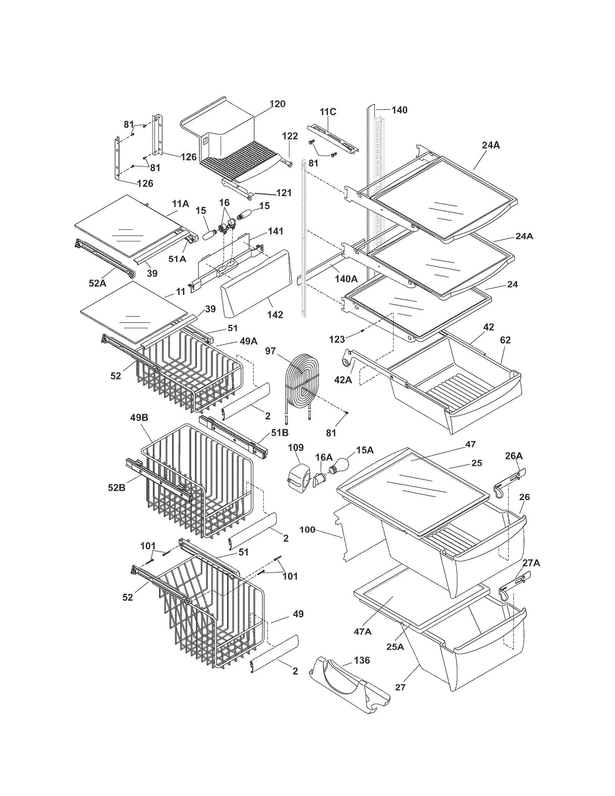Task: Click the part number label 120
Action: click(x=277, y=104)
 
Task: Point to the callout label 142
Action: click(x=275, y=315)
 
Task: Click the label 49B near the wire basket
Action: click(x=139, y=418)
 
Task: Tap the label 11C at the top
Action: click(x=327, y=112)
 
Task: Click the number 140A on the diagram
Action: click(x=346, y=279)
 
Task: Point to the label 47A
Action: click(x=362, y=631)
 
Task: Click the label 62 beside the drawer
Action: click(x=505, y=340)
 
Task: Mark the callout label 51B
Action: click(x=279, y=433)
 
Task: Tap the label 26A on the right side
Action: click(x=514, y=456)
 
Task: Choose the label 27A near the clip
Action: click(x=531, y=563)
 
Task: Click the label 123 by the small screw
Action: click(x=337, y=339)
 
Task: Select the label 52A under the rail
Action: click(x=97, y=283)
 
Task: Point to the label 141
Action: click(x=275, y=231)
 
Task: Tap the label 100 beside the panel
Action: click(x=307, y=530)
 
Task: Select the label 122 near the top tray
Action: click(x=290, y=136)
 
